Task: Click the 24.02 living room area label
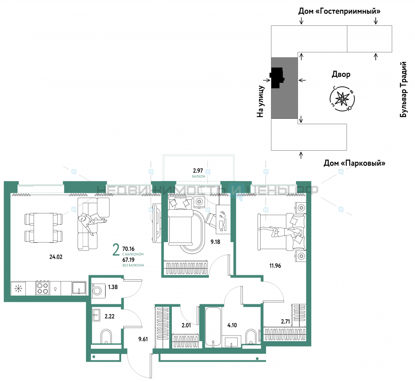[x=56, y=257]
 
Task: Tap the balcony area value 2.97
[x=198, y=171]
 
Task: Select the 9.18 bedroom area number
[x=215, y=242]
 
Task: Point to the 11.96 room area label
[x=275, y=265]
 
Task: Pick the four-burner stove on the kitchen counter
[x=43, y=288]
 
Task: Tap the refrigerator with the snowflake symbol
[x=18, y=288]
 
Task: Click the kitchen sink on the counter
[x=79, y=288]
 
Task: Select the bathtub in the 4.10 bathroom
[x=213, y=327]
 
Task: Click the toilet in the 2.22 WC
[x=106, y=337]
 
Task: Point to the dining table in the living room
[x=44, y=228]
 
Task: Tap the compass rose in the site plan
[x=342, y=99]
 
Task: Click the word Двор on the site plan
[x=341, y=74]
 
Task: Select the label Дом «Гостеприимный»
[x=339, y=11]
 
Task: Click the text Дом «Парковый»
[x=354, y=163]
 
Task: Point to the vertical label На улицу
[x=261, y=101]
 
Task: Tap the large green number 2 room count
[x=116, y=250]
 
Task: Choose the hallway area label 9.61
[x=143, y=339]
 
